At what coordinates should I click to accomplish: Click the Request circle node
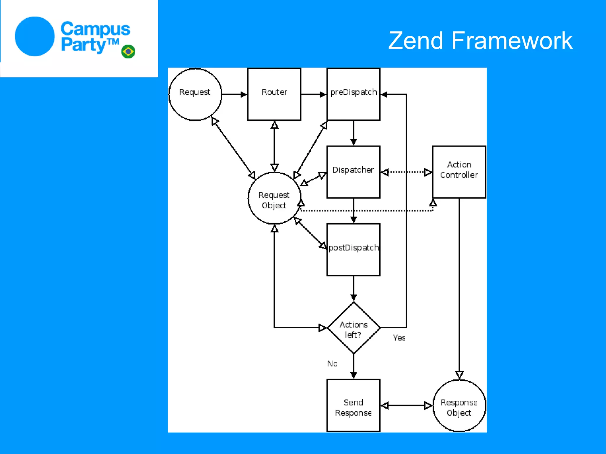click(195, 94)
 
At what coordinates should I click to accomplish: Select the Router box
click(274, 94)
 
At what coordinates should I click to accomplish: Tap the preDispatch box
click(353, 94)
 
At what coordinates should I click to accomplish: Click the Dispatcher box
click(353, 172)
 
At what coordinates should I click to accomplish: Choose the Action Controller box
click(459, 172)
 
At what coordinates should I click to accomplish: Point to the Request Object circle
click(274, 198)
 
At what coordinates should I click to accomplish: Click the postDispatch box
click(353, 250)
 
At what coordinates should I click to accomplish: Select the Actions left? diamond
click(353, 328)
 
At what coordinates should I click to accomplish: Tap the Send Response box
click(353, 405)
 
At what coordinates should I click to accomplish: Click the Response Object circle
click(459, 405)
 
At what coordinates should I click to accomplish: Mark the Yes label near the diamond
click(399, 338)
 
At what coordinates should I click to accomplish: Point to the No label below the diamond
click(332, 364)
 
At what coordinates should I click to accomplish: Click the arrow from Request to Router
click(234, 94)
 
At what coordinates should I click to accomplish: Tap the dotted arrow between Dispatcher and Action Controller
click(406, 172)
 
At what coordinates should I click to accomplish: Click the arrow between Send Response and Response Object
click(406, 405)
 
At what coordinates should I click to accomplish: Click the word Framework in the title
click(512, 41)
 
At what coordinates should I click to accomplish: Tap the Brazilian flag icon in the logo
click(128, 51)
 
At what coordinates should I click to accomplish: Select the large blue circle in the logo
click(35, 36)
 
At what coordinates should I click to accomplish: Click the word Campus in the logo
click(95, 29)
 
